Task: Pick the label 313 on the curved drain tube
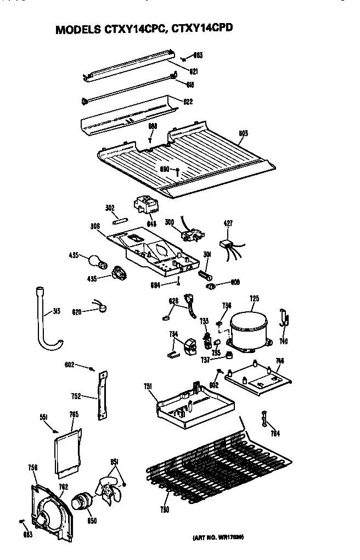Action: click(x=57, y=311)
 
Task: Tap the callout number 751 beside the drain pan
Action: click(x=148, y=387)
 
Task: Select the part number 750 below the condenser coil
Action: click(x=165, y=510)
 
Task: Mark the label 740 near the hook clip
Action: click(x=283, y=341)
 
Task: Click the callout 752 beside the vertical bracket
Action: click(x=77, y=395)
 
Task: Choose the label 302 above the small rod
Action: click(x=109, y=209)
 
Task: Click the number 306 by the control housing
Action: click(x=96, y=226)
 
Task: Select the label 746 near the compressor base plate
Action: click(x=280, y=361)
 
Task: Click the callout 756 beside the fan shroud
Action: click(x=32, y=468)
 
